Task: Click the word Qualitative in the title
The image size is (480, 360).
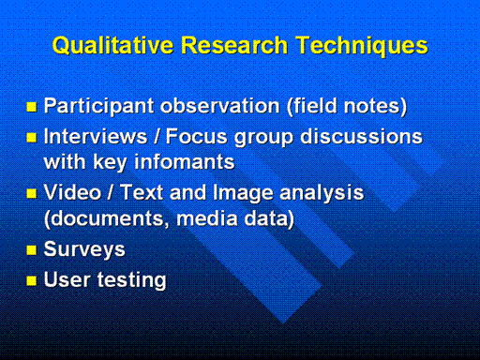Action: click(x=113, y=46)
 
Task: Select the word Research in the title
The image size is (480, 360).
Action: click(x=234, y=45)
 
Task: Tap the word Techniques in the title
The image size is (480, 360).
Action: click(x=362, y=46)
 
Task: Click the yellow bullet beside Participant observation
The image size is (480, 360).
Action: click(x=32, y=107)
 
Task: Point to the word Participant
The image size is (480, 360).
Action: click(x=99, y=106)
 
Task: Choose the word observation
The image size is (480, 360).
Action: click(x=220, y=106)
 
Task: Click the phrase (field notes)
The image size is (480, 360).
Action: click(x=347, y=106)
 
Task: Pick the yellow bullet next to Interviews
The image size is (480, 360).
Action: click(x=32, y=138)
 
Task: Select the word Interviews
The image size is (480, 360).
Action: click(x=96, y=136)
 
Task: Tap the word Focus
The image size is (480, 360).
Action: click(x=197, y=136)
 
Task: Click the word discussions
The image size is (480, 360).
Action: click(x=361, y=136)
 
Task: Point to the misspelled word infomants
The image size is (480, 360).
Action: click(x=185, y=161)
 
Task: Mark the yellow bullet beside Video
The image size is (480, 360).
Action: click(x=32, y=194)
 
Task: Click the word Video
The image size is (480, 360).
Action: click(x=73, y=192)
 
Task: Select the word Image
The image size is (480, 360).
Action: click(x=243, y=193)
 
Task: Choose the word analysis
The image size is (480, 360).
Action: click(x=322, y=193)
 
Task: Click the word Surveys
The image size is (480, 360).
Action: click(x=84, y=250)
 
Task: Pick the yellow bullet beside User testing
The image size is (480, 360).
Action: click(x=32, y=280)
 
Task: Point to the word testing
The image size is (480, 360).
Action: click(x=132, y=280)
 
